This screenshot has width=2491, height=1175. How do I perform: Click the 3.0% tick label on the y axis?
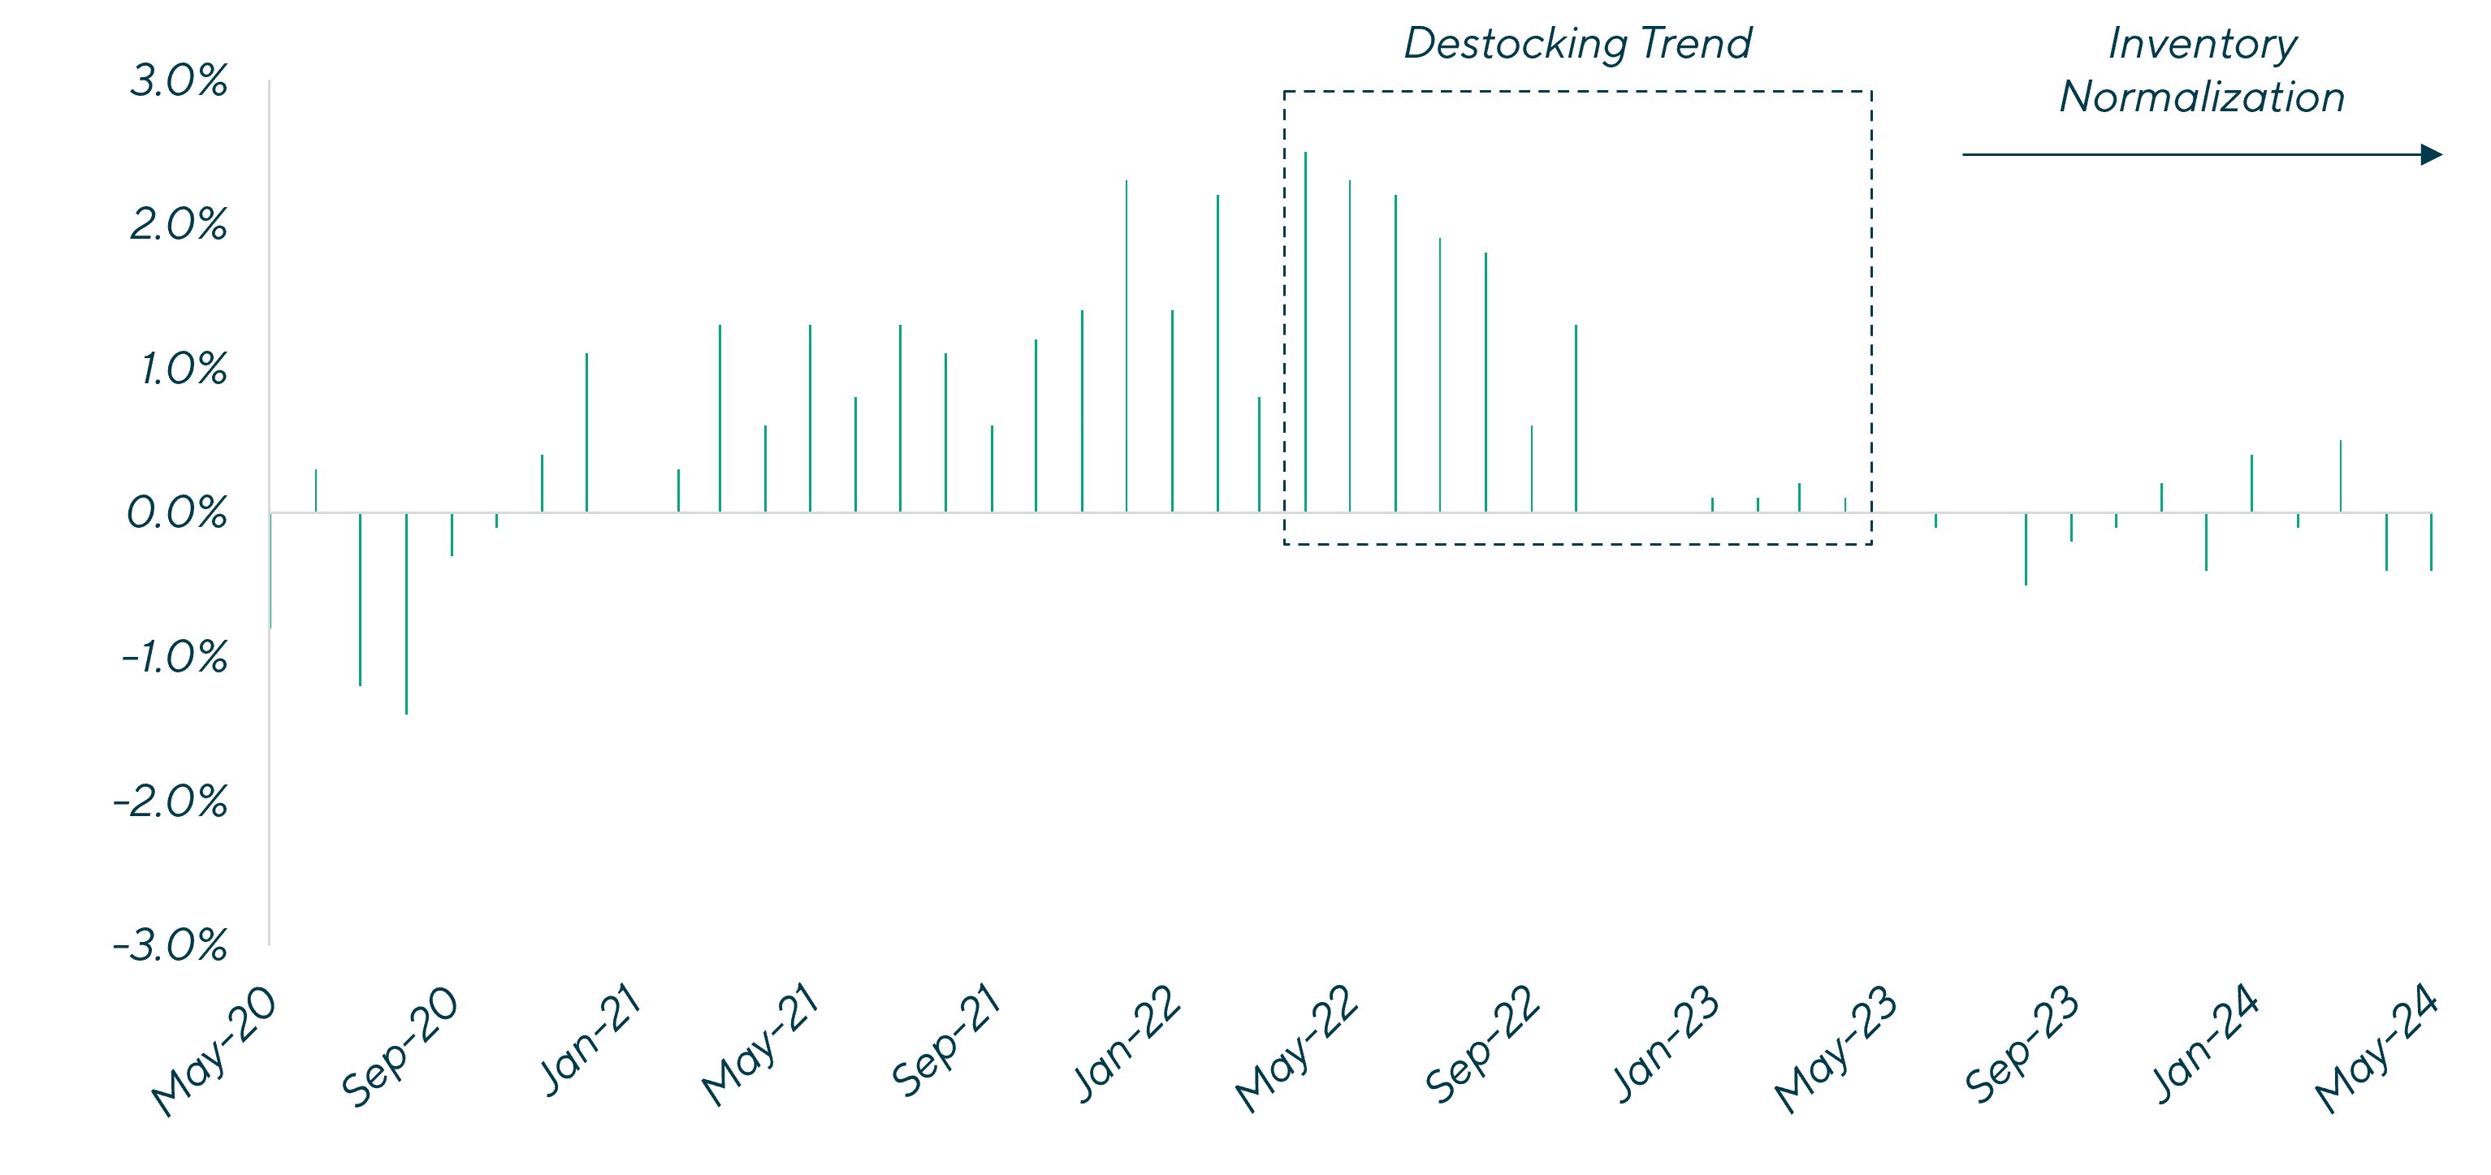tap(179, 82)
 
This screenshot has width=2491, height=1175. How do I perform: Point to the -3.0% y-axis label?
tap(171, 946)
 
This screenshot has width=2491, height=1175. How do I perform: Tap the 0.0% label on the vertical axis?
tap(177, 513)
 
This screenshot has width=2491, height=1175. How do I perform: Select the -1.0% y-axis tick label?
tap(175, 659)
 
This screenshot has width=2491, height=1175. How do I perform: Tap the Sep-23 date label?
tap(2022, 1044)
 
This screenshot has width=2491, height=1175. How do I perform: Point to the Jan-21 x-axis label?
tap(590, 1040)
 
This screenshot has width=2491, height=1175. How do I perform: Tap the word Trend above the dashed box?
tap(1701, 44)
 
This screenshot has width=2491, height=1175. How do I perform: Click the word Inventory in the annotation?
tap(2202, 45)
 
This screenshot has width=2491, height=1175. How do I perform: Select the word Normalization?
tap(2202, 97)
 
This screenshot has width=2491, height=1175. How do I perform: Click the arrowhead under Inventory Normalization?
tap(2431, 155)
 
